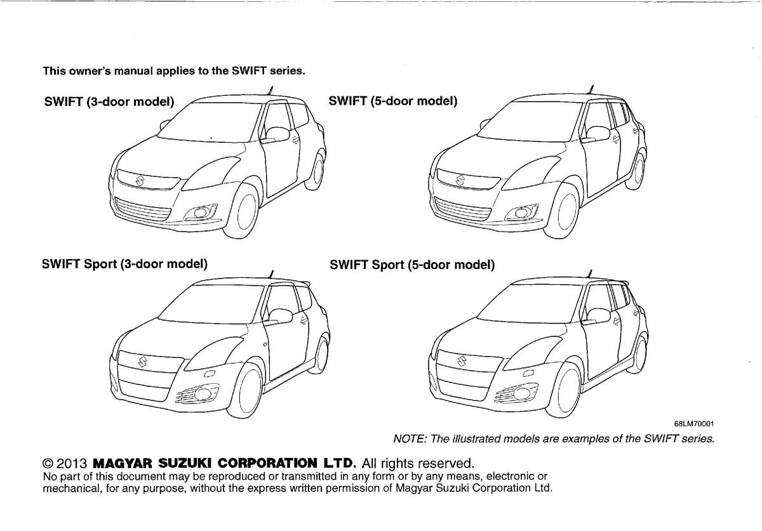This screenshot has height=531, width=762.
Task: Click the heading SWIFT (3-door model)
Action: point(109,102)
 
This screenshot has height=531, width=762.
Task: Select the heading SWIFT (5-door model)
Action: point(393,101)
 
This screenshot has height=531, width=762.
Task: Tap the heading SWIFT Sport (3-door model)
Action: point(124,264)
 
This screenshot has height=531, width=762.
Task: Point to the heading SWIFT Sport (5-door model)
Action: point(412,265)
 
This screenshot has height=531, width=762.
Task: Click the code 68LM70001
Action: point(694,424)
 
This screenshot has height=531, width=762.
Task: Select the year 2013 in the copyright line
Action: point(72,463)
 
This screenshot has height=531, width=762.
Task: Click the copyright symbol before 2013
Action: point(48,463)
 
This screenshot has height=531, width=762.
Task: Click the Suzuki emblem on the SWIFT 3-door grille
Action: point(140,181)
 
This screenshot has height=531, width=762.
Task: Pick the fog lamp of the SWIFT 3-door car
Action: point(201,213)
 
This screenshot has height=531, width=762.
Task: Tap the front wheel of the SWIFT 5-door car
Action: point(561,211)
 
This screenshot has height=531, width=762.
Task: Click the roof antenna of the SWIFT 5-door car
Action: point(591,89)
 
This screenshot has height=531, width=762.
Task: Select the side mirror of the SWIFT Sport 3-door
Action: point(279,316)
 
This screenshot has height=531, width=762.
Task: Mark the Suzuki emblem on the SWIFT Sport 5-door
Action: point(461,361)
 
